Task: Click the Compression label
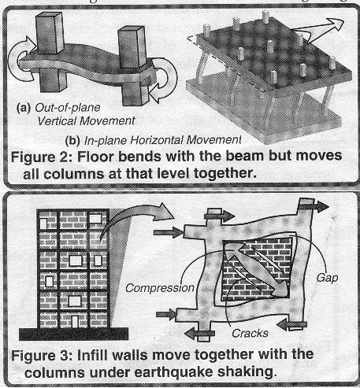156,287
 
